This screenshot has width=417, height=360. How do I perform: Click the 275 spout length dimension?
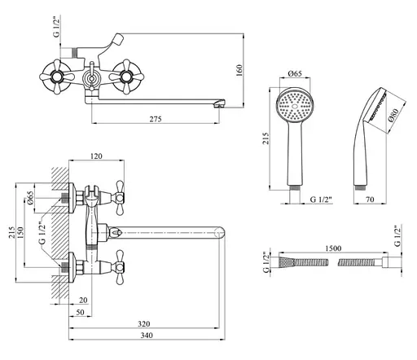coord(156,119)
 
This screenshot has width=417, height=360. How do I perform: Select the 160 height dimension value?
coord(239,70)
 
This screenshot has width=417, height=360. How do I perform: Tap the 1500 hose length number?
coord(333,248)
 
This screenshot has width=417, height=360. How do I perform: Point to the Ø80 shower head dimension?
coord(393,116)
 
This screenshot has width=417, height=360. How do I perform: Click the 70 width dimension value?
coord(370,200)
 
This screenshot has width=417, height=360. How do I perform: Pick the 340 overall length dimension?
coord(147,336)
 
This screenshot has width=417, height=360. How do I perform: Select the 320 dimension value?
coord(143,323)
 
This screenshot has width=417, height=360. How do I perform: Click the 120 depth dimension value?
coord(96,156)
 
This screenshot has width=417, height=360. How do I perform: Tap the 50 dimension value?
coord(80,312)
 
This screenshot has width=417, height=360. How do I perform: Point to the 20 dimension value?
coord(83,300)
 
